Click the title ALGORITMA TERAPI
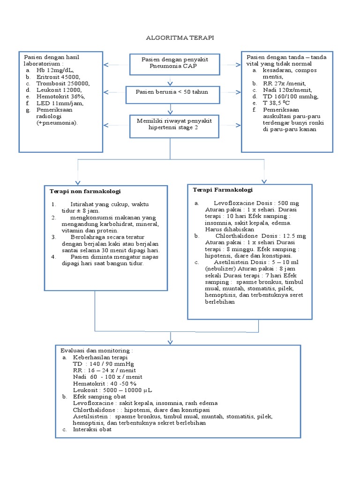click(180, 37)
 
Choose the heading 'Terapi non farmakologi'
click(85, 192)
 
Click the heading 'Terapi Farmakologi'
click(223, 190)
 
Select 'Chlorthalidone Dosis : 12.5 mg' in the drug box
click(261, 236)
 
